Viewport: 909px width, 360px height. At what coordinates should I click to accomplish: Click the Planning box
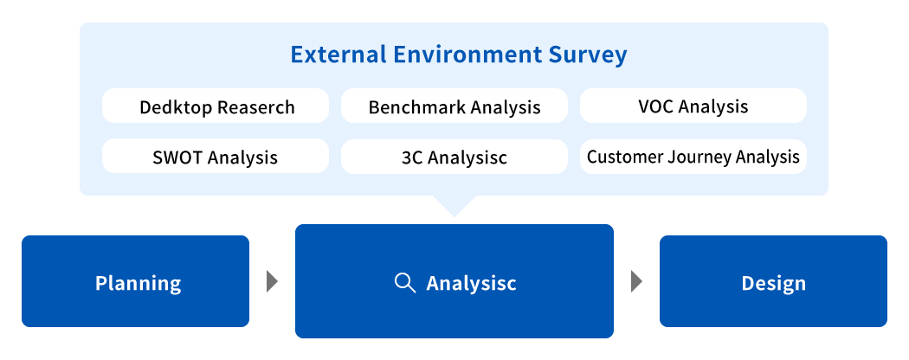[x=136, y=281]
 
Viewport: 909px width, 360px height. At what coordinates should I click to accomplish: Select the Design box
[x=773, y=281]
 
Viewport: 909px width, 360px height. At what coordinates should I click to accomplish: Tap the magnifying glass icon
[x=404, y=283]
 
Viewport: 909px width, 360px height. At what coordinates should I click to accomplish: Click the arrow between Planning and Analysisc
[x=272, y=281]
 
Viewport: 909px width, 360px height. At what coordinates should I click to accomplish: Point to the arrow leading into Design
[x=636, y=281]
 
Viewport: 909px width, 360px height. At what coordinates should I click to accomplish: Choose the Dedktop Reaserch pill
[x=216, y=106]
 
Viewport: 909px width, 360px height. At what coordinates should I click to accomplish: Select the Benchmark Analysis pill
[x=455, y=106]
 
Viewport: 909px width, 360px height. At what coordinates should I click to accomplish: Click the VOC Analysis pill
[x=693, y=106]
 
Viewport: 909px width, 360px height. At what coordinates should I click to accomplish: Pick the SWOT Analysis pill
[x=216, y=156]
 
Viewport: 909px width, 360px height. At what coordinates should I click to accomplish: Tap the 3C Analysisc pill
[x=455, y=156]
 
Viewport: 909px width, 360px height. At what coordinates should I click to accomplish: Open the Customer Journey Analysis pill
[x=693, y=156]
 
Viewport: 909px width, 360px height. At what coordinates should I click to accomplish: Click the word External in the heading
[x=338, y=55]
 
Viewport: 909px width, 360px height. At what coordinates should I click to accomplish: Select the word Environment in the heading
[x=467, y=55]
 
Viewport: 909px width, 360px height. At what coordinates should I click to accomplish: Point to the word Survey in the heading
[x=587, y=55]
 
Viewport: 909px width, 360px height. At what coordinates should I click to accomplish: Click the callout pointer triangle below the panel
[x=455, y=204]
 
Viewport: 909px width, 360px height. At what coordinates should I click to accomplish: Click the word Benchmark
[x=416, y=106]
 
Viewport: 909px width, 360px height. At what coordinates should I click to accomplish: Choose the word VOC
[x=655, y=106]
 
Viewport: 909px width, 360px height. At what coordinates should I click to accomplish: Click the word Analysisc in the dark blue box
[x=471, y=284]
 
